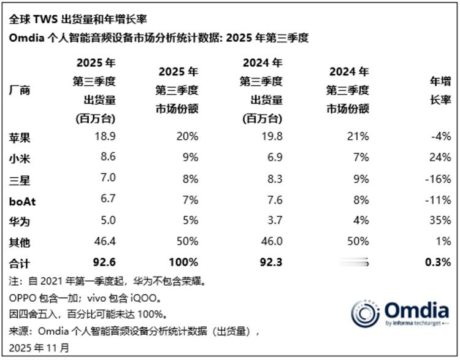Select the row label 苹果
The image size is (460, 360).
click(19, 136)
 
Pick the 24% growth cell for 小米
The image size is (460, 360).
click(440, 157)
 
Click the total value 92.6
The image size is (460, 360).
click(104, 263)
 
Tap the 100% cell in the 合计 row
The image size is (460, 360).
click(183, 263)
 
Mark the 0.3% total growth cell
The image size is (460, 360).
click(437, 263)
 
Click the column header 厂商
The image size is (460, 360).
click(19, 90)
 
